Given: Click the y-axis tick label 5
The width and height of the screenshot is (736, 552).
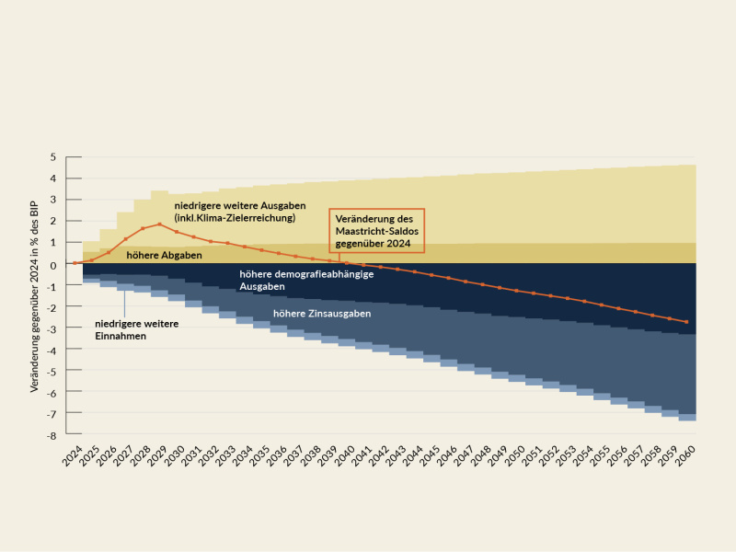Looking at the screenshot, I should point(53,157).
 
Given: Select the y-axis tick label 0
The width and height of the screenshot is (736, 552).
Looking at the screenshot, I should point(53,265).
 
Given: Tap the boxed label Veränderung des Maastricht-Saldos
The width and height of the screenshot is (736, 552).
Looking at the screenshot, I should point(376,230).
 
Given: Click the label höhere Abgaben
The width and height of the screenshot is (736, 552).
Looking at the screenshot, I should point(164,255).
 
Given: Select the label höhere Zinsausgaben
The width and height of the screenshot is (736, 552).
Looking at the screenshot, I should point(322,314).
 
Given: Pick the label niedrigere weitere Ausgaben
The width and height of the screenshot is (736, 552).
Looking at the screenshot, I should point(239,212).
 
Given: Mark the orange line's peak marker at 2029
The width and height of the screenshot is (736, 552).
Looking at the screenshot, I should point(159,224).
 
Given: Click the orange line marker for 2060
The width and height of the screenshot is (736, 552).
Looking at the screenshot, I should point(686,322).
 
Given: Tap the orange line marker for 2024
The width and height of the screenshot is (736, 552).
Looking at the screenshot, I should point(75,264).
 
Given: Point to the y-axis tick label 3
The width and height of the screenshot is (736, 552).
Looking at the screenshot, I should point(53,200).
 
